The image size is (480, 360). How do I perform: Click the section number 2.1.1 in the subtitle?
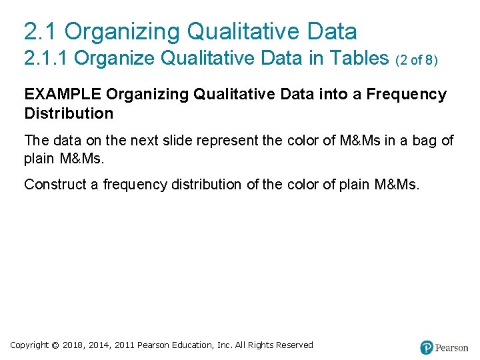[x=46, y=59]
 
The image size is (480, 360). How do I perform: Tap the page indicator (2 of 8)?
[x=417, y=61]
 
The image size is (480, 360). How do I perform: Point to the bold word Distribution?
[x=69, y=113]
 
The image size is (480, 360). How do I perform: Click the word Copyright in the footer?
[x=29, y=345]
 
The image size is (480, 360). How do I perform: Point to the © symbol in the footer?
[x=55, y=345]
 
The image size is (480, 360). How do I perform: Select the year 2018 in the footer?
[x=75, y=345]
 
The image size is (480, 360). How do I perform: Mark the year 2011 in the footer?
[x=125, y=345]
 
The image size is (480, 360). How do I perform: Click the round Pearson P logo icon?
[x=427, y=347]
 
